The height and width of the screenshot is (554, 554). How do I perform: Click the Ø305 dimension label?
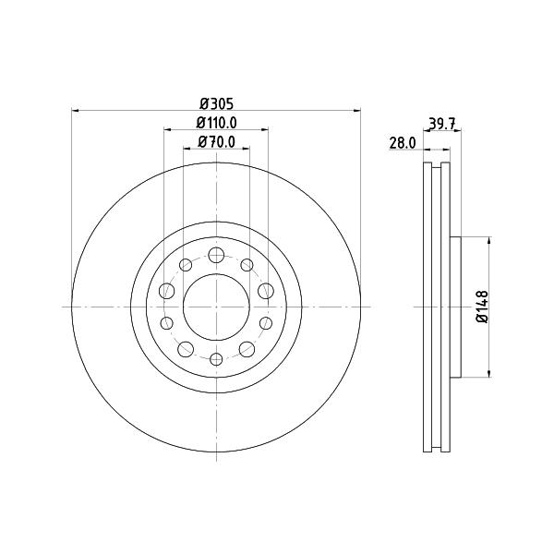tap(217, 103)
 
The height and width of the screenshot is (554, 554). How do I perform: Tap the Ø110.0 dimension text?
tap(217, 123)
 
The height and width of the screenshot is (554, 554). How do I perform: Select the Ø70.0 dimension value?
tap(217, 141)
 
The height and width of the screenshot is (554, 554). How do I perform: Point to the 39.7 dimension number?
tap(442, 124)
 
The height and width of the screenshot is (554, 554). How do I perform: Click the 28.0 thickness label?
tap(403, 143)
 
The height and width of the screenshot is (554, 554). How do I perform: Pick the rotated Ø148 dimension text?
tap(482, 307)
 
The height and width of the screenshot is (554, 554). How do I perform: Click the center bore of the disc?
tap(216, 307)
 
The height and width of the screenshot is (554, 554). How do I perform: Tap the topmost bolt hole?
tap(216, 255)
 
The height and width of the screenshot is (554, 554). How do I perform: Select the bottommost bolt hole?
tap(216, 359)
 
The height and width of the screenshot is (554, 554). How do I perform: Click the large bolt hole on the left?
tap(167, 291)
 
